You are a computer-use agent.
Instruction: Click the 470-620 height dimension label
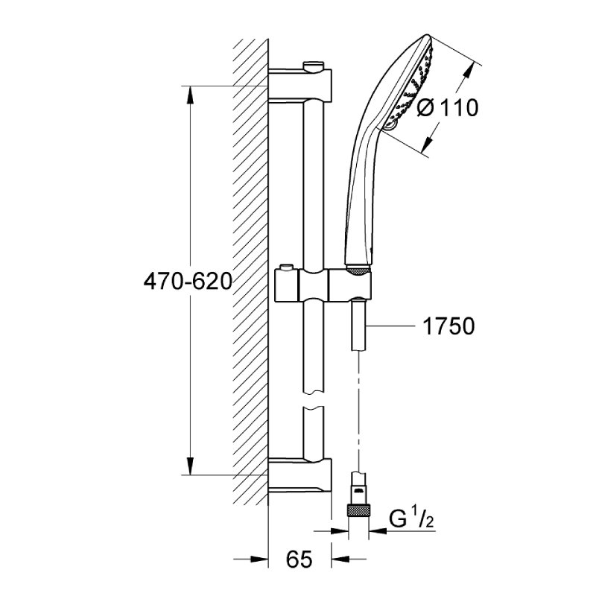pyautogui.click(x=188, y=282)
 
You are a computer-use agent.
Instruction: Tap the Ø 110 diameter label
pyautogui.click(x=448, y=107)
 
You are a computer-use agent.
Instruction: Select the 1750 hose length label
pyautogui.click(x=448, y=326)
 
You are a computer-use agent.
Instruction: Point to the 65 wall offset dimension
pyautogui.click(x=299, y=559)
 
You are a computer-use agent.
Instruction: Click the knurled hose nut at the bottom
pyautogui.click(x=358, y=510)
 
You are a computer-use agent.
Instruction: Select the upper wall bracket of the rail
pyautogui.click(x=300, y=84)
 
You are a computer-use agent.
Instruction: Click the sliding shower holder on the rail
pyautogui.click(x=323, y=284)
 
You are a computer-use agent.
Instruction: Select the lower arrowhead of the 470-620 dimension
pyautogui.click(x=191, y=466)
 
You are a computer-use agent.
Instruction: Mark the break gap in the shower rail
pyautogui.click(x=314, y=400)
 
